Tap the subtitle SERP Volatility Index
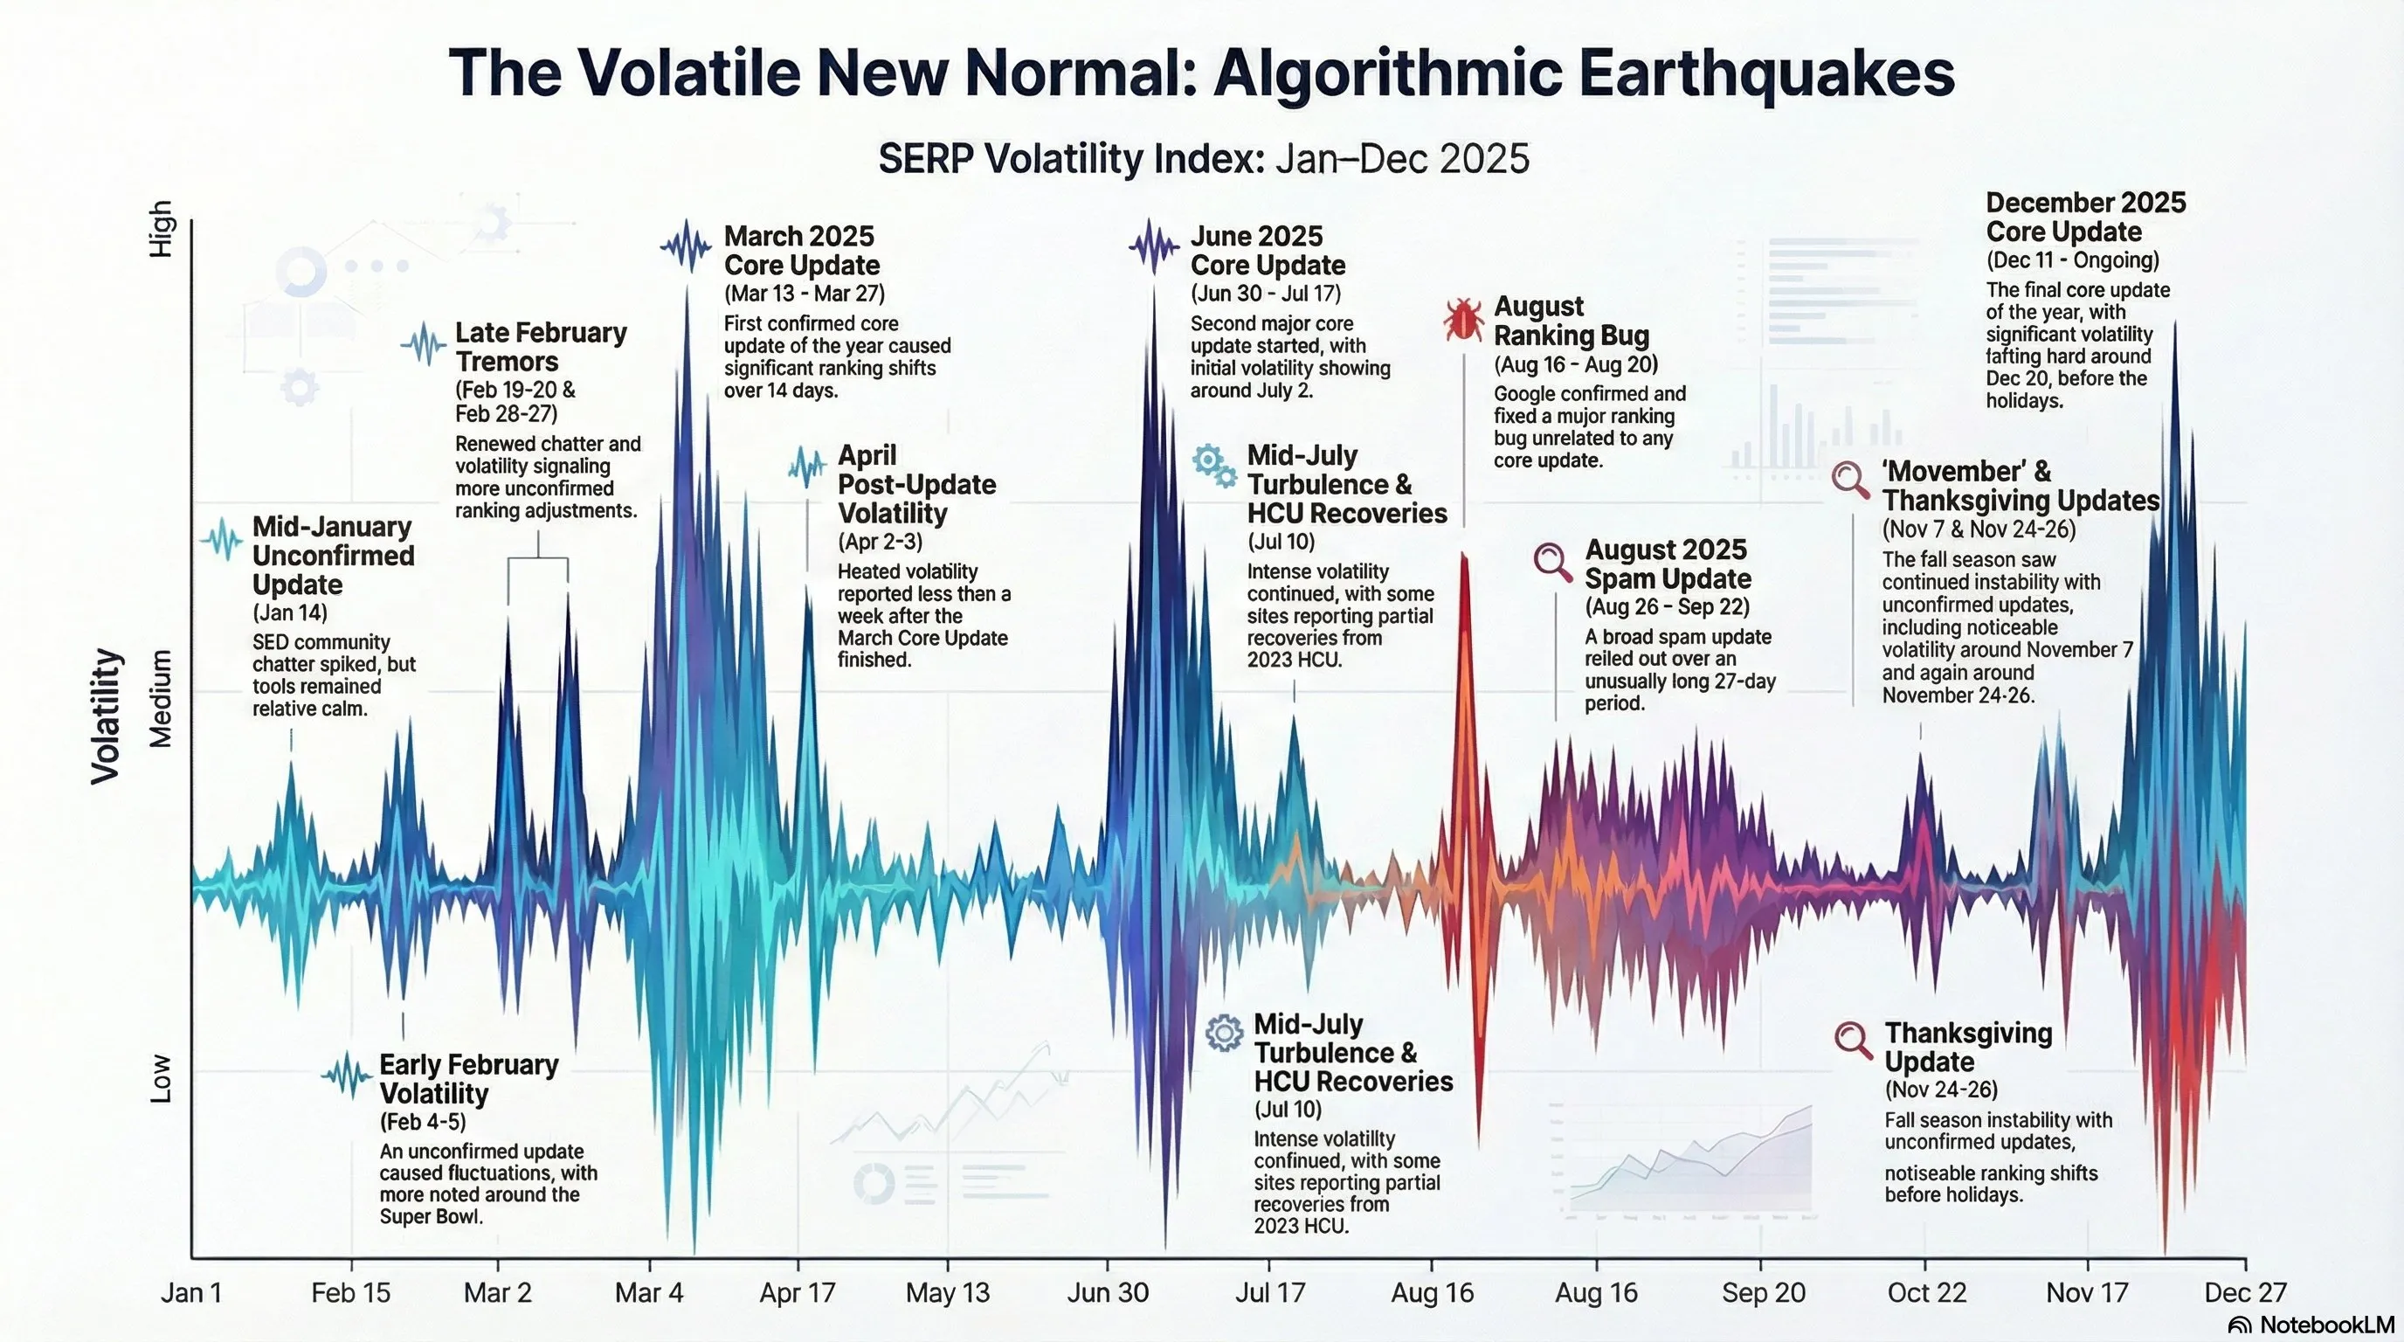[x=1070, y=159]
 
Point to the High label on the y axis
[x=162, y=229]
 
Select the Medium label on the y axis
[x=162, y=699]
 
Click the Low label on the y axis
[x=162, y=1079]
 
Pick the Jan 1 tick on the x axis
[x=191, y=1292]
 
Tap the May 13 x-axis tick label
[x=947, y=1292]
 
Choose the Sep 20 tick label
[x=1763, y=1292]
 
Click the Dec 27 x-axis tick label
[x=2245, y=1292]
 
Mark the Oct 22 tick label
[x=1926, y=1292]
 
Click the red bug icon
[x=1462, y=320]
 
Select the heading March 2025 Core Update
[x=801, y=250]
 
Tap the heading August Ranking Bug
[x=1572, y=320]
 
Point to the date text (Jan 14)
[x=289, y=613]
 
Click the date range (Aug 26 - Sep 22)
[x=1667, y=606]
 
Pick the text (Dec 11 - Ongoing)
[x=2072, y=259]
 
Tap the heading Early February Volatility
[x=468, y=1079]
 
